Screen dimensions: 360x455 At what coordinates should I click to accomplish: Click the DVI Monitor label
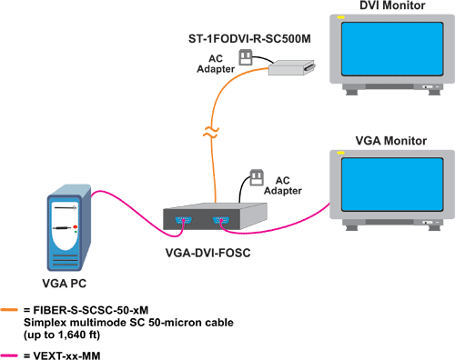coord(380,8)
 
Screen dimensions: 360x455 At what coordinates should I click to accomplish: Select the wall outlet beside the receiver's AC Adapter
coord(244,57)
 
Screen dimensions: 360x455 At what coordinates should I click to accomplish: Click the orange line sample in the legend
coord(11,309)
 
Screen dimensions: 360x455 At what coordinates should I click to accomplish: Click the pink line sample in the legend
coord(11,349)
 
